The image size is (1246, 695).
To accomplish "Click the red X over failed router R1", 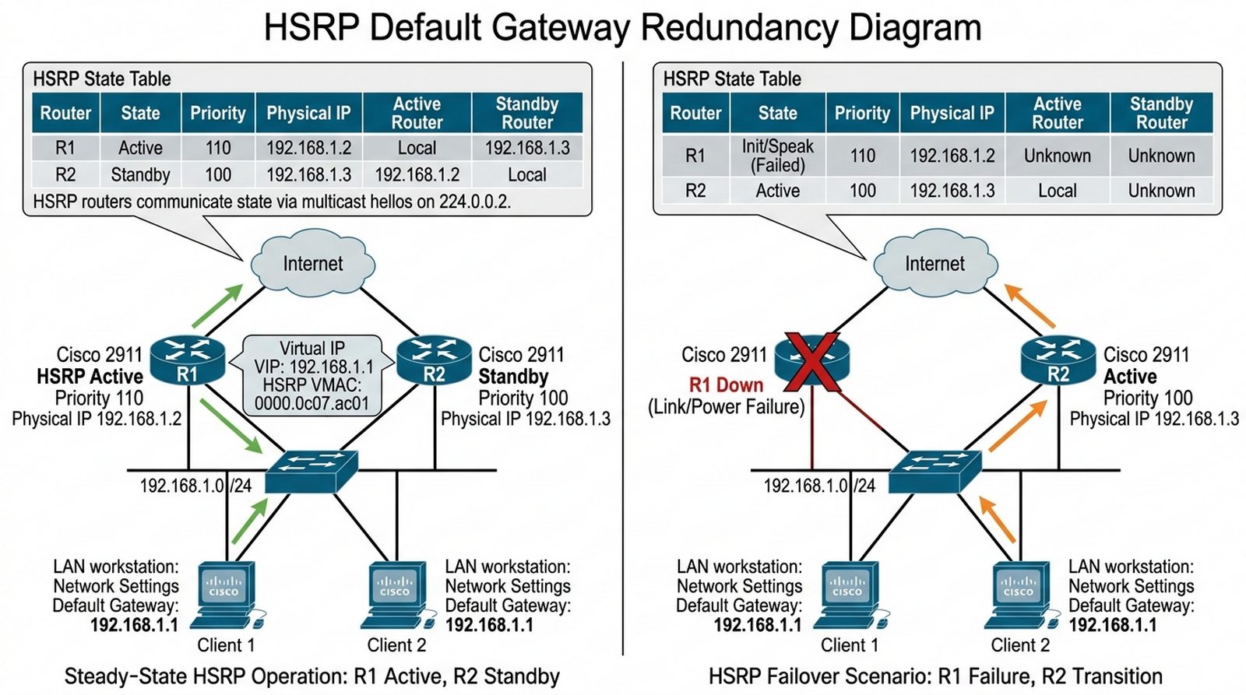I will pyautogui.click(x=812, y=361).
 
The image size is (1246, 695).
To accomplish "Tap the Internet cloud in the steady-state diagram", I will pyautogui.click(x=312, y=264).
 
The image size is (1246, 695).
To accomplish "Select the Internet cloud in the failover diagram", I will pyautogui.click(x=935, y=264).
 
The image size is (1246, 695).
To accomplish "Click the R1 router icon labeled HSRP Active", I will pyautogui.click(x=188, y=360).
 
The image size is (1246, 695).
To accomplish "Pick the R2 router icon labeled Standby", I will pyautogui.click(x=434, y=360).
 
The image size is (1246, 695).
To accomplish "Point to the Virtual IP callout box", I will pyautogui.click(x=313, y=375).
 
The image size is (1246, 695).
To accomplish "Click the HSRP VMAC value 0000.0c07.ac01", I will pyautogui.click(x=311, y=404).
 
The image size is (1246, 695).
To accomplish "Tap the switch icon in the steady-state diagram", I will pyautogui.click(x=311, y=470).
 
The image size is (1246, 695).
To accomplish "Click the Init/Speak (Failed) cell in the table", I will pyautogui.click(x=777, y=156).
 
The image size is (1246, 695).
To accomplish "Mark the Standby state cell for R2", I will pyautogui.click(x=140, y=174).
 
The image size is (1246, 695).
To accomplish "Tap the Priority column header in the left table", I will pyautogui.click(x=218, y=113).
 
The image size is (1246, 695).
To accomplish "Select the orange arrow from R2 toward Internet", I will pyautogui.click(x=1029, y=305).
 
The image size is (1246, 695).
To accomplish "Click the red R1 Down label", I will pyautogui.click(x=726, y=384).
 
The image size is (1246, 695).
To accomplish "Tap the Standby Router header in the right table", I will pyautogui.click(x=1161, y=113).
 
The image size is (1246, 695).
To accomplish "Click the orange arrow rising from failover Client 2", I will pyautogui.click(x=997, y=519).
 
